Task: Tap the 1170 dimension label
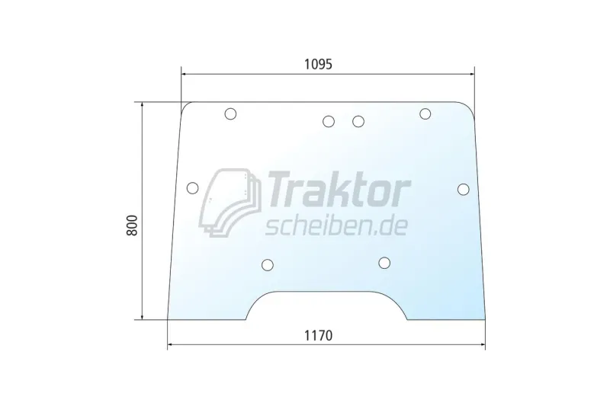click(x=318, y=334)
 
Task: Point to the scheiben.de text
click(x=335, y=225)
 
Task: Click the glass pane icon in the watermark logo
click(x=230, y=202)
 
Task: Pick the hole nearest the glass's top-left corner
click(x=230, y=114)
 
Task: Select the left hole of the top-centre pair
click(x=329, y=121)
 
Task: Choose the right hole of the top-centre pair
click(x=358, y=121)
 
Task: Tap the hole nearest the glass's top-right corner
click(x=425, y=114)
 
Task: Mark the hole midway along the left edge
click(x=192, y=188)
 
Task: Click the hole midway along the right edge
click(x=464, y=189)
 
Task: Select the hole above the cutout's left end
click(x=267, y=265)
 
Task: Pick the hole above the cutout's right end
click(x=385, y=264)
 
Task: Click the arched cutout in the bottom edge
click(x=326, y=306)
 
